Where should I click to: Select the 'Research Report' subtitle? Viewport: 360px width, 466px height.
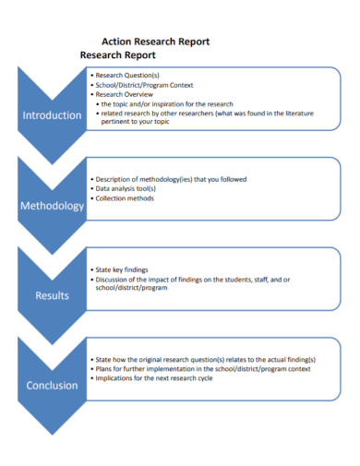[x=118, y=55]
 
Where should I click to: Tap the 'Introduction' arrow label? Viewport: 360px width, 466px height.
[x=52, y=115]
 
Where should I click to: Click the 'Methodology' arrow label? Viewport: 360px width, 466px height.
[x=52, y=206]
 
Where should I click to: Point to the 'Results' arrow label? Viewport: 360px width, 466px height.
[x=52, y=295]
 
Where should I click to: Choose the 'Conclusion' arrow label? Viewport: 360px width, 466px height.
[x=52, y=385]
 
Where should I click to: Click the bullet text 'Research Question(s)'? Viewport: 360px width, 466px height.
[x=127, y=75]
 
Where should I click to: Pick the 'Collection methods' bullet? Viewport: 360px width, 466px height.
[x=125, y=198]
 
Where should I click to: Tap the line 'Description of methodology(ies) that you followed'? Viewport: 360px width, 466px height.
[x=184, y=179]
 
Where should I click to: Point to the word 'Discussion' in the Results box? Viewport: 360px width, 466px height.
[x=114, y=279]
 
